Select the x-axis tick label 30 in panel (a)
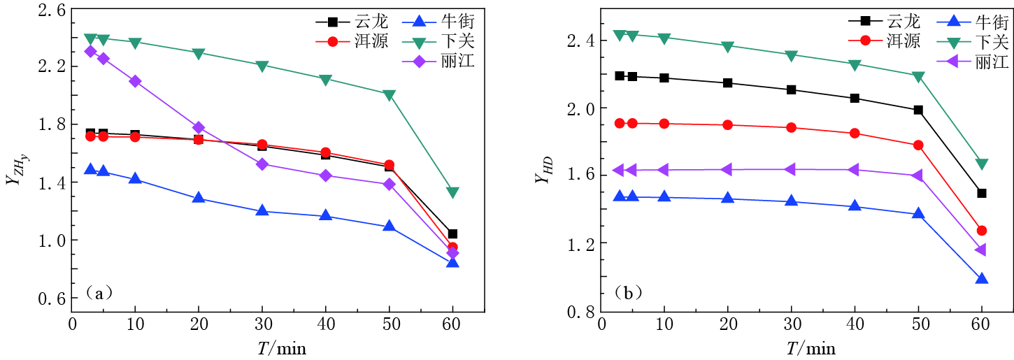tap(262, 326)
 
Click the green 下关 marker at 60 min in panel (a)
tap(452, 192)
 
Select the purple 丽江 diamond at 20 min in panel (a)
tap(199, 127)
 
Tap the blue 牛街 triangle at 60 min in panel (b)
tap(981, 279)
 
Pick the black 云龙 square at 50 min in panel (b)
tap(918, 110)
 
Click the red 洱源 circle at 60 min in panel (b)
tap(981, 231)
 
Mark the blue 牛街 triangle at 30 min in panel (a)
tap(262, 210)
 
